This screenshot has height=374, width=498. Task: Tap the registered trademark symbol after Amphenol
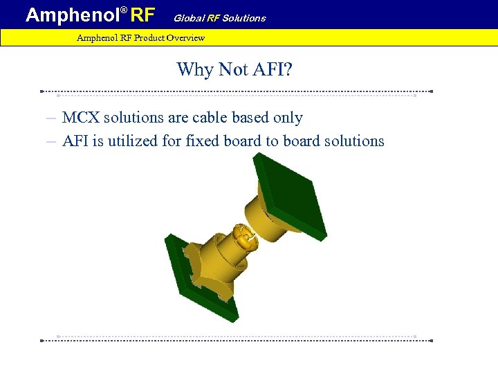pyautogui.click(x=124, y=10)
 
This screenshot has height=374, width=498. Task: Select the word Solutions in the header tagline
pyautogui.click(x=243, y=18)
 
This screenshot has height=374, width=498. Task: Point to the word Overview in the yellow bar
pyautogui.click(x=185, y=37)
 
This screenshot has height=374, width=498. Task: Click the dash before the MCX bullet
pyautogui.click(x=51, y=118)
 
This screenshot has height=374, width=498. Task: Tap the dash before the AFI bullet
pyautogui.click(x=51, y=141)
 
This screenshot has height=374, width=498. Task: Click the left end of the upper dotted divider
pyautogui.click(x=42, y=91)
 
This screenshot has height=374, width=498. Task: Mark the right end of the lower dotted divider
pyautogui.click(x=431, y=340)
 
